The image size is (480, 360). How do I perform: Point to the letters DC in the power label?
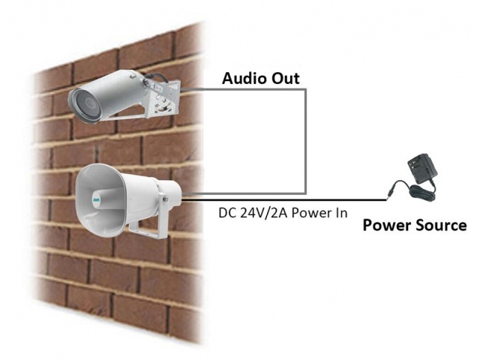coord(227,213)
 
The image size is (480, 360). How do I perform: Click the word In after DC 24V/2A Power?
coord(342,213)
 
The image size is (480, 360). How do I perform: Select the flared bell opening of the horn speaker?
coord(100,199)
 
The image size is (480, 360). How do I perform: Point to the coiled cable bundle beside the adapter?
coord(422,192)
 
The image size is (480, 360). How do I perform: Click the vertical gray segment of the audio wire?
coord(305,142)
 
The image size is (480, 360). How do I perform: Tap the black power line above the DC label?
coord(284,200)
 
